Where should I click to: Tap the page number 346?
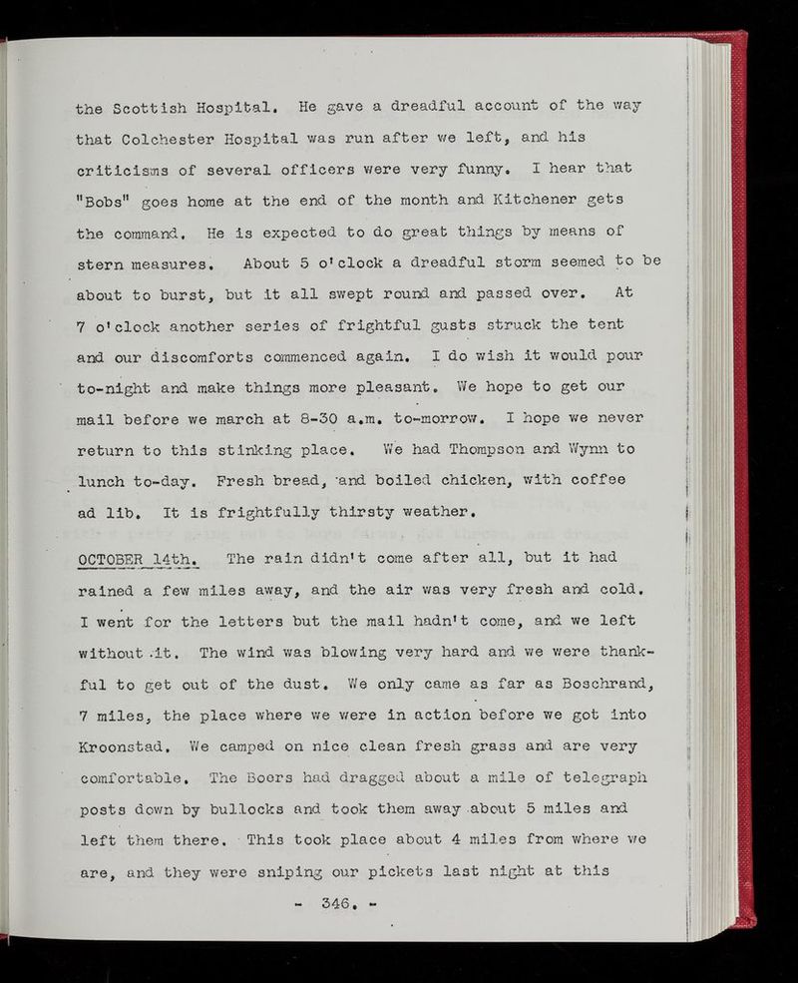pos(370,909)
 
